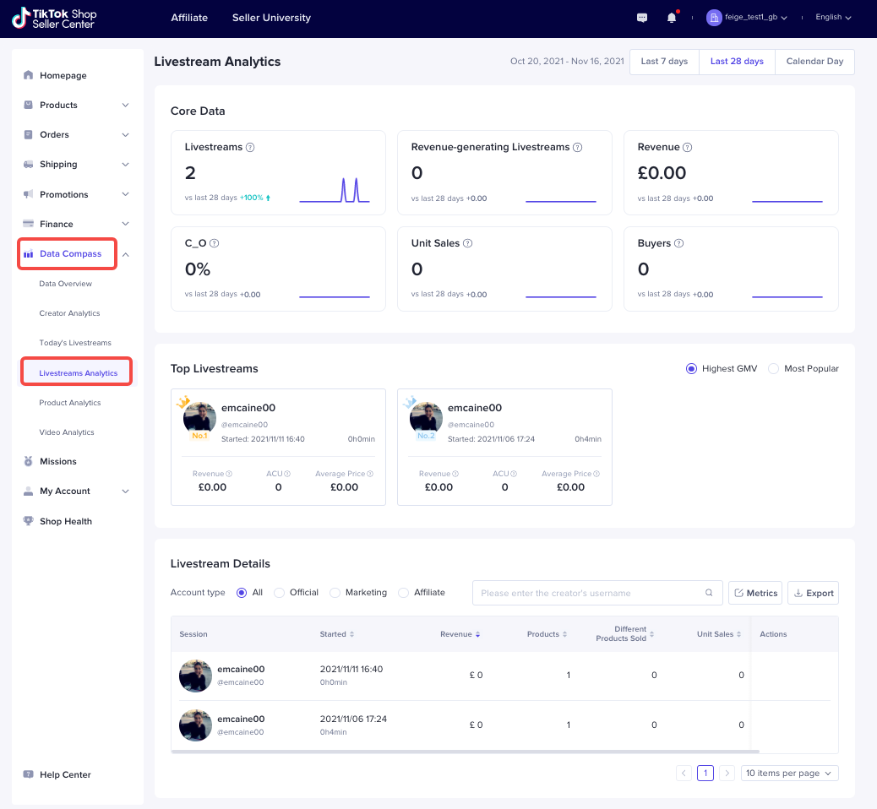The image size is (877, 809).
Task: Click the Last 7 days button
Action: click(x=664, y=62)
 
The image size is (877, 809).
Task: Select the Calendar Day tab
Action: click(x=814, y=62)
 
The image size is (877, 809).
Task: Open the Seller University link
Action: click(x=271, y=18)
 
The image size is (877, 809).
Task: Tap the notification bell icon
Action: click(x=672, y=18)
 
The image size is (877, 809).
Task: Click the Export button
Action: click(x=813, y=593)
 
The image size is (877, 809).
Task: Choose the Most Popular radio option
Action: click(x=773, y=368)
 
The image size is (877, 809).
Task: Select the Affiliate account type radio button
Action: click(x=403, y=593)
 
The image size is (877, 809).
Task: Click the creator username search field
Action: click(x=591, y=593)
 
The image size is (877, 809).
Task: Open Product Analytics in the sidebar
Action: click(x=70, y=403)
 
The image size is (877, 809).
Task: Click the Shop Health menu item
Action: click(x=66, y=521)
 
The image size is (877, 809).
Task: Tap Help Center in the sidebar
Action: click(x=65, y=774)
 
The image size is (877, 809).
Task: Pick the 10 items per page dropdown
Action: click(x=789, y=773)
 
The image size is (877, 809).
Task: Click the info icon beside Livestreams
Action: click(x=250, y=147)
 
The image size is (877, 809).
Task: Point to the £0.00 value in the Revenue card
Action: click(x=662, y=173)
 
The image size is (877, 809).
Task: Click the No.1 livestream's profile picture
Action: click(x=200, y=418)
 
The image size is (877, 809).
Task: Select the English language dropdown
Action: click(x=833, y=18)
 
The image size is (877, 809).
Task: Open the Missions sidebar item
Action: click(x=58, y=461)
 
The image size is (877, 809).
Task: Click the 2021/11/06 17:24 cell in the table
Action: click(x=353, y=719)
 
